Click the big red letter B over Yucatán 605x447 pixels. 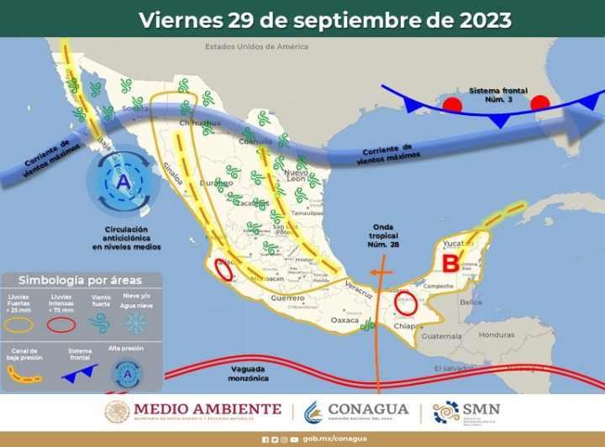point(451,263)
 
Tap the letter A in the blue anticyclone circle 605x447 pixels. point(124,181)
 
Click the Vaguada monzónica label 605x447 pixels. point(248,372)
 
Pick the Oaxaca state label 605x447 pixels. point(345,320)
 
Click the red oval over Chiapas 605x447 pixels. point(407,302)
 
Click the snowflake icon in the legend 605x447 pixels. point(135,323)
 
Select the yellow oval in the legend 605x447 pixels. point(20,323)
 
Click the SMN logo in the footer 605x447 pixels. point(466,411)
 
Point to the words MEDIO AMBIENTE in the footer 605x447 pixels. point(207,408)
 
